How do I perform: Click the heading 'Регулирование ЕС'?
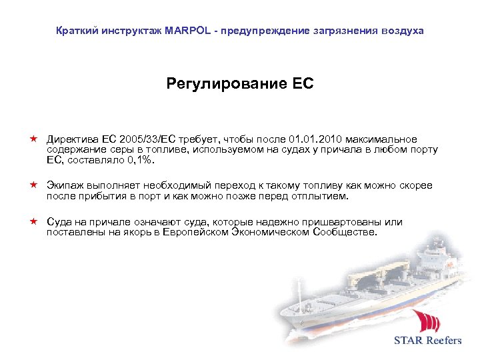tap(240, 85)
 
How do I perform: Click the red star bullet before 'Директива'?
tap(33, 139)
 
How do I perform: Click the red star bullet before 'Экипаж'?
tap(33, 185)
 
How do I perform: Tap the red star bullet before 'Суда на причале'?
tap(33, 221)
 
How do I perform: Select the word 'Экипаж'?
tap(65, 185)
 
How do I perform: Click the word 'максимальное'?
tap(380, 139)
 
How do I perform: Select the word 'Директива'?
tap(72, 139)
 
